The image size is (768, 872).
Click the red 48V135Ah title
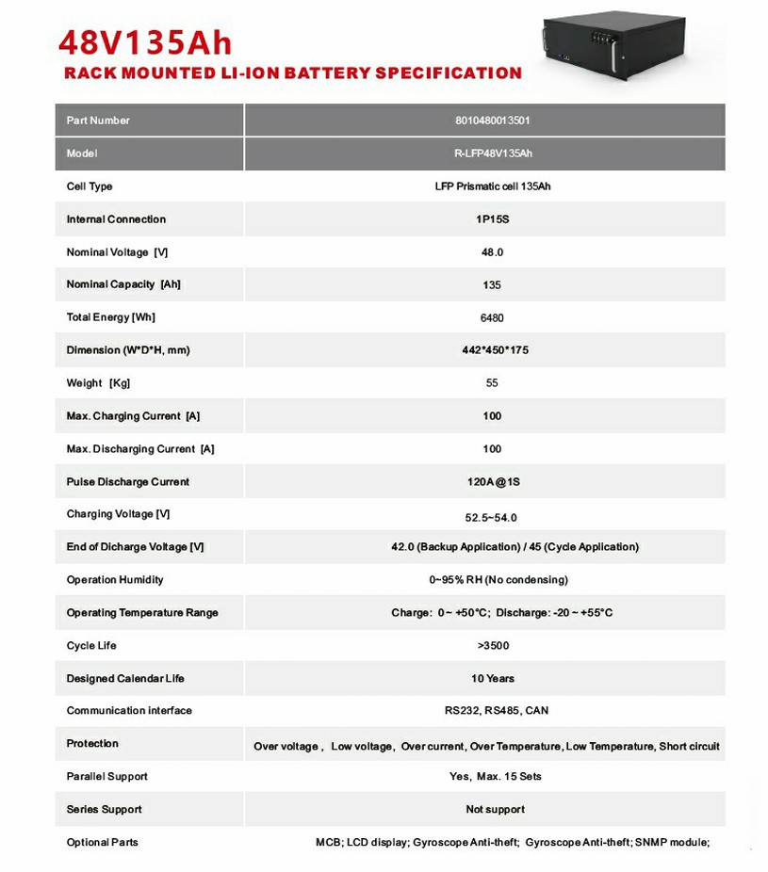[x=145, y=42]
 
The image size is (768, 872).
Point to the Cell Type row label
[x=90, y=186]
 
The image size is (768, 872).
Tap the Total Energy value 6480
[x=492, y=318]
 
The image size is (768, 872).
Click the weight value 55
[x=492, y=383]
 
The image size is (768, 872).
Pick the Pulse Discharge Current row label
[x=128, y=482]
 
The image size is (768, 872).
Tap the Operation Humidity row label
[x=115, y=580]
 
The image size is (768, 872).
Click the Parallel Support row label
[x=107, y=777]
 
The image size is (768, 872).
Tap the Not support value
[x=495, y=810]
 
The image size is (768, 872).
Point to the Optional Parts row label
[x=103, y=842]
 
